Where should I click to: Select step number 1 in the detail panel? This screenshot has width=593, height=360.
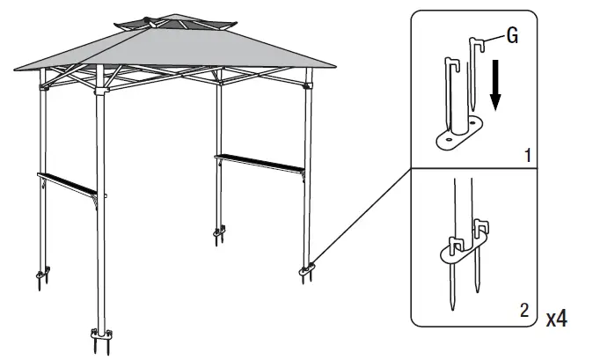tap(527, 156)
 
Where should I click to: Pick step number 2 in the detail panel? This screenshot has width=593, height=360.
tap(525, 310)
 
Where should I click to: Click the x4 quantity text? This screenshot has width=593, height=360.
tap(556, 318)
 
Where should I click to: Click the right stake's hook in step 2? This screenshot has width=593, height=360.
tap(481, 230)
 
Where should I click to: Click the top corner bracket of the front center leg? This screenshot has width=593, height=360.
tap(102, 86)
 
